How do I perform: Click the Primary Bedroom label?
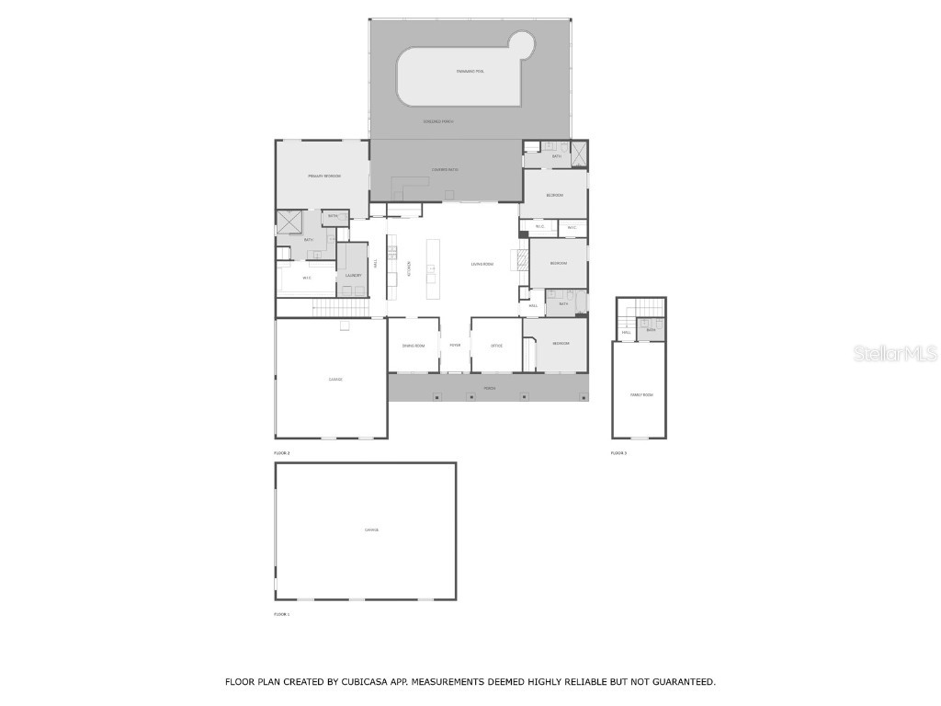[x=324, y=175]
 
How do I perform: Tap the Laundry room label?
[x=353, y=276]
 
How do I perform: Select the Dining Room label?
[x=414, y=346]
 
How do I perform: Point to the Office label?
[x=496, y=346]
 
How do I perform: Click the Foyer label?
[x=455, y=346]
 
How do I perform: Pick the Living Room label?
[x=482, y=264]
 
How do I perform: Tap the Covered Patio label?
[x=446, y=169]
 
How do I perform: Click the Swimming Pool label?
[x=470, y=71]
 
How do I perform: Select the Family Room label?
[x=641, y=394]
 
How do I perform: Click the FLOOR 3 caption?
[x=618, y=453]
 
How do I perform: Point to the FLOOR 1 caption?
[x=281, y=614]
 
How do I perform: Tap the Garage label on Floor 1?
[x=371, y=530]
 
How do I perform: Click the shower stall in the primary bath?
[x=290, y=223]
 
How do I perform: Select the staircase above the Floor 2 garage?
[x=327, y=309]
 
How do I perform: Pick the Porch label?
[x=490, y=388]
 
